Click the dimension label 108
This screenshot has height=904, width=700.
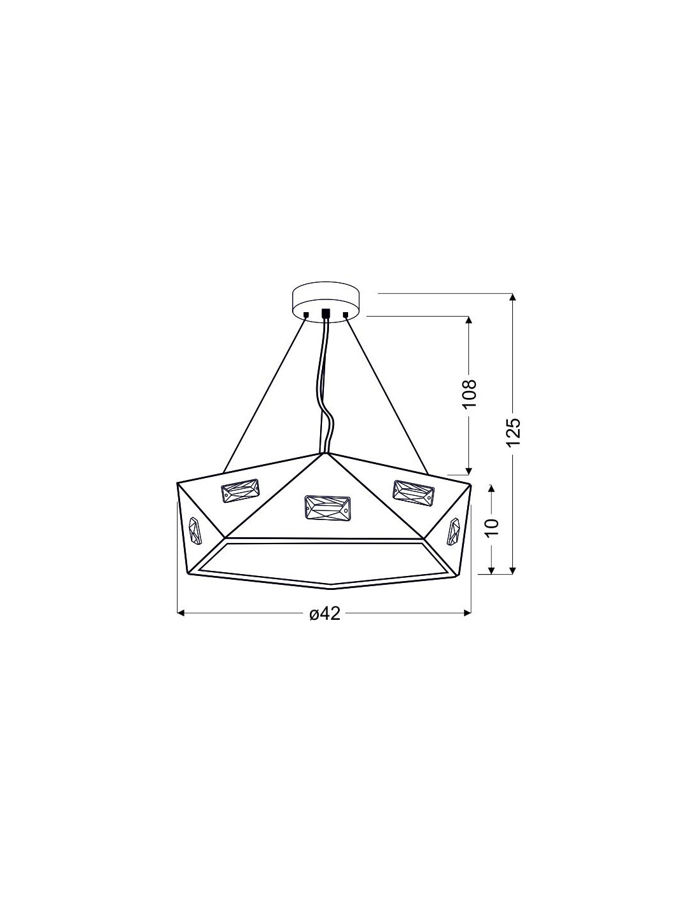(469, 394)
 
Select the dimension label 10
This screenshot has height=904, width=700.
(492, 528)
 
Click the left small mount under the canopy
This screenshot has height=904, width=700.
(306, 315)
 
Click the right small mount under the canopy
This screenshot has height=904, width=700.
(345, 315)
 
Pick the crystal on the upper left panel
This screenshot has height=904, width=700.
(241, 491)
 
